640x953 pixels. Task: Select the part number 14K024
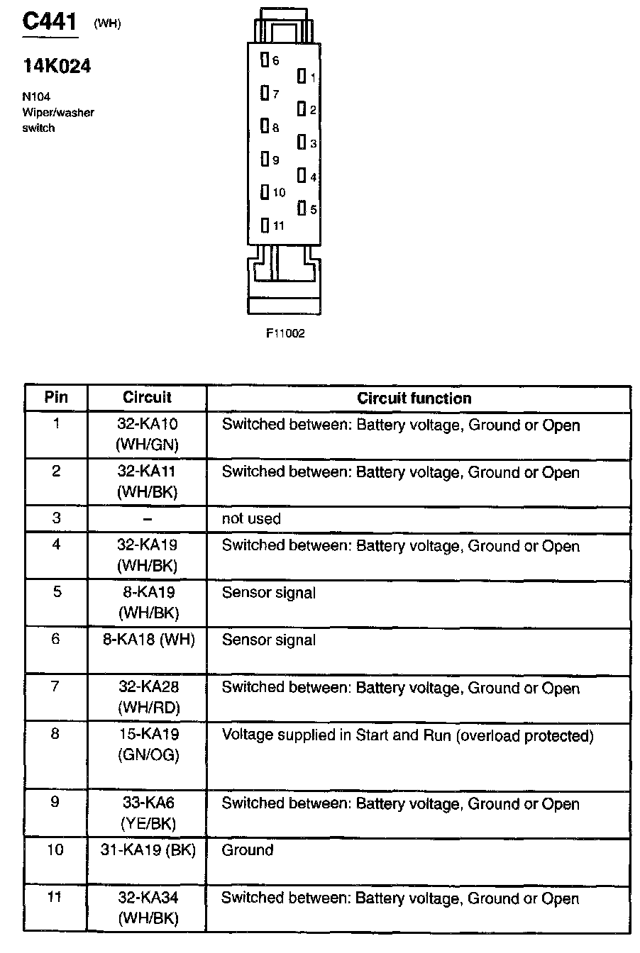pos(56,67)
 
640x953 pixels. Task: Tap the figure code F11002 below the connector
pos(285,333)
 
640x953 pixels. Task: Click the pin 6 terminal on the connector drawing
pos(265,60)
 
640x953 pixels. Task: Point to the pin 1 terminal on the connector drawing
pos(302,76)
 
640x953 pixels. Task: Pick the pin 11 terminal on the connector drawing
pos(265,225)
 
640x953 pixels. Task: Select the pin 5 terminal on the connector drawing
pos(302,208)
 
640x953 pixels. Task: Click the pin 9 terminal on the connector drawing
pos(265,160)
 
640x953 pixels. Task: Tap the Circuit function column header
pos(414,398)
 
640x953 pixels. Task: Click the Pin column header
pos(56,397)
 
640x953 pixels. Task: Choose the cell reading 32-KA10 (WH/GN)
pos(148,435)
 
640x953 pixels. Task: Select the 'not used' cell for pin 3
pos(251,519)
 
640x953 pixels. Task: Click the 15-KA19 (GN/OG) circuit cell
pos(148,745)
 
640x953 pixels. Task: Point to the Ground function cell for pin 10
pos(248,850)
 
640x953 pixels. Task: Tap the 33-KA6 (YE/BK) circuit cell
pos(148,813)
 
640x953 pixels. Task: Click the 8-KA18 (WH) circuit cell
pos(148,640)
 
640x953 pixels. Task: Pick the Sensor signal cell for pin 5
pos(269,593)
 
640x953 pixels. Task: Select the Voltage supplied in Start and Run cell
pos(407,735)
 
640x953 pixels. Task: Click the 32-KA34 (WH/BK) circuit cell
pos(148,908)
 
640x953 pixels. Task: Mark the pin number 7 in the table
pos(56,686)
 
